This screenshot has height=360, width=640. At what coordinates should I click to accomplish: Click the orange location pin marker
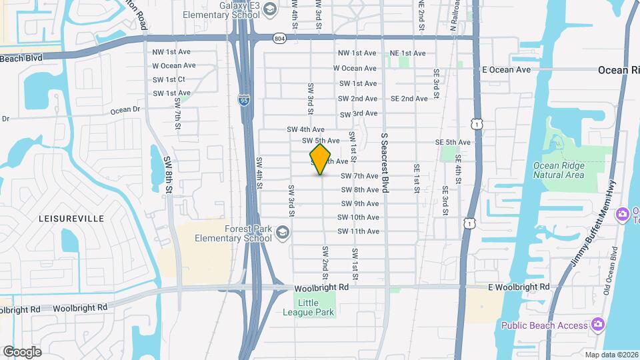pos(321,160)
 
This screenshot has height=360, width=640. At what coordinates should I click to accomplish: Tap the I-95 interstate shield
pos(245,101)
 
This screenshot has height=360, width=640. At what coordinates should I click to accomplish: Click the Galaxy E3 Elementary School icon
pos(269,9)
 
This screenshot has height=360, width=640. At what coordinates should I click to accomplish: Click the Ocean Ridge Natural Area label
pos(559,170)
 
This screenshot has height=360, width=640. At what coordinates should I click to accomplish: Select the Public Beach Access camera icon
pos(597,325)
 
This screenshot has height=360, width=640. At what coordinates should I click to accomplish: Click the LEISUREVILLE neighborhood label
pos(71,218)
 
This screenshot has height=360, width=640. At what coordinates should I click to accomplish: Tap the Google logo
pos(22,352)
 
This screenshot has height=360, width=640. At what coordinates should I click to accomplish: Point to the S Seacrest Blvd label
pos(385,163)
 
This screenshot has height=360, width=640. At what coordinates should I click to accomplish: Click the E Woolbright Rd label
pos(518,287)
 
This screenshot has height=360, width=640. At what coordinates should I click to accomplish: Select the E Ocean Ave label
pos(506,69)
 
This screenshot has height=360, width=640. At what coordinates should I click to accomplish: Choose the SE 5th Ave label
pos(453,142)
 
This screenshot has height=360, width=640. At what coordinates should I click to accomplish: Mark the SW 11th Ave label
pos(358,231)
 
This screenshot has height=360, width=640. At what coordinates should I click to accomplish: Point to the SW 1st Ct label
pos(168,79)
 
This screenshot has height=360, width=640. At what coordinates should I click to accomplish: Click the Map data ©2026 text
pos(611,354)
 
